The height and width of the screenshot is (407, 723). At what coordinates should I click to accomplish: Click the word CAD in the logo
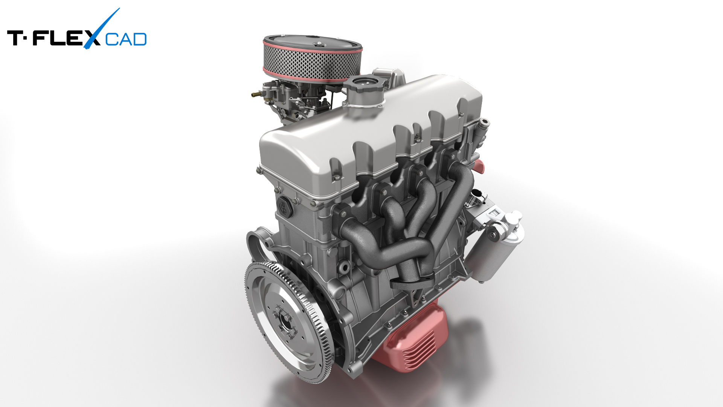pos(126,39)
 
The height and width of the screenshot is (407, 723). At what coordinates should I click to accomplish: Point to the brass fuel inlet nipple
pos(256,93)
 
